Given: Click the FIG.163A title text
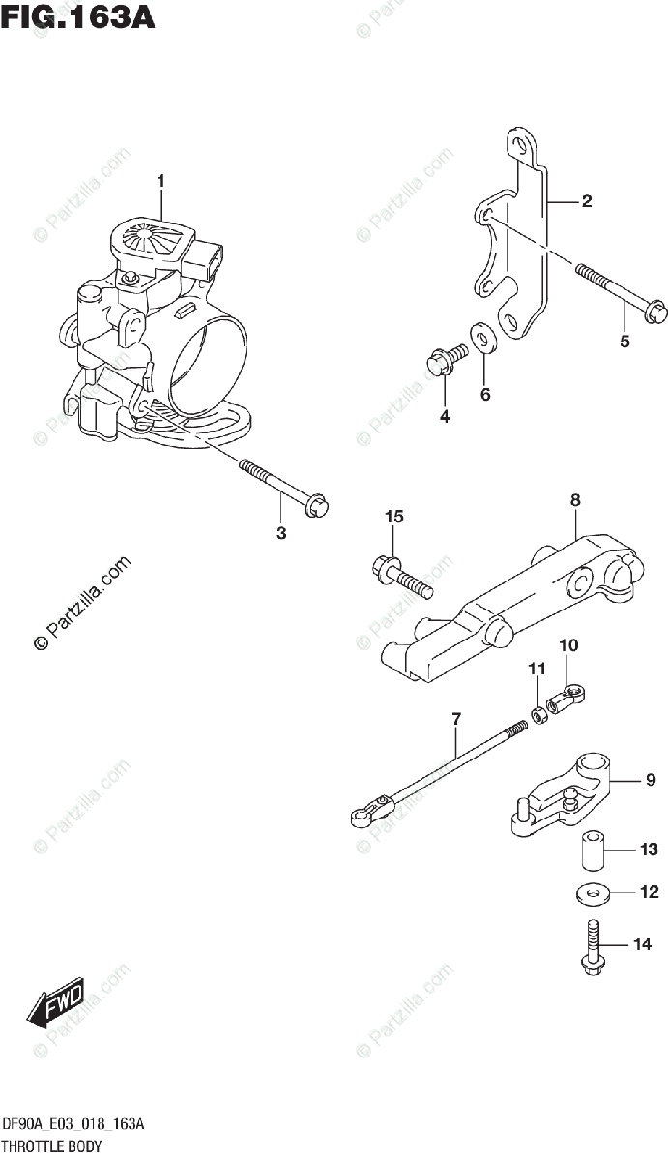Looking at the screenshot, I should pyautogui.click(x=77, y=18).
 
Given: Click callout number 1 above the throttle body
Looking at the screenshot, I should pyautogui.click(x=161, y=180).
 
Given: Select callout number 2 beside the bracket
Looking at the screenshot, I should pyautogui.click(x=587, y=202).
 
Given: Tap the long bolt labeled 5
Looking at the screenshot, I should pyautogui.click(x=619, y=297).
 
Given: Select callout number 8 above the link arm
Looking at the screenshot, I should pyautogui.click(x=575, y=500).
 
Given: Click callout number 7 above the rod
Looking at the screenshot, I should pyautogui.click(x=455, y=719).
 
